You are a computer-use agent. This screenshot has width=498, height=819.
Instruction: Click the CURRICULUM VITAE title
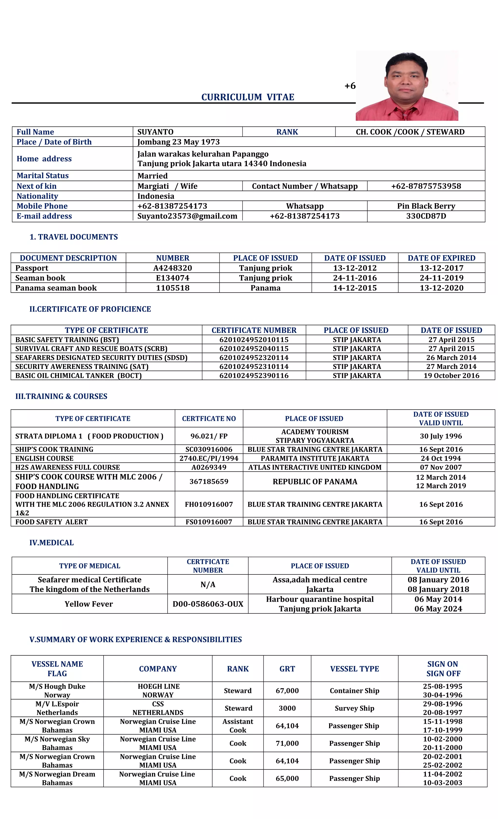click(248, 97)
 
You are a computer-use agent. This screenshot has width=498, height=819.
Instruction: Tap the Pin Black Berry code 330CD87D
click(426, 216)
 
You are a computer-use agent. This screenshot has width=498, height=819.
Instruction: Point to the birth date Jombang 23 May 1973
click(178, 142)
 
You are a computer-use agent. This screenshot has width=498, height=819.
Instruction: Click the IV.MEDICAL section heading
click(52, 542)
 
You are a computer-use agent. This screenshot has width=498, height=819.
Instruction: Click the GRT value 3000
click(287, 708)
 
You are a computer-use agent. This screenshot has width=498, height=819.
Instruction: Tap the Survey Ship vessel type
click(354, 708)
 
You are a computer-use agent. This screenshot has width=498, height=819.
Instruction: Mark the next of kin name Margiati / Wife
click(168, 186)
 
